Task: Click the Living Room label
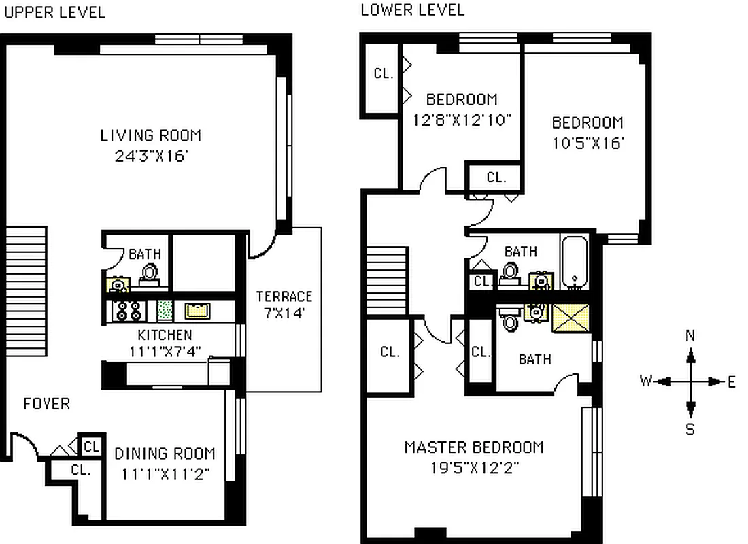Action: [x=150, y=135]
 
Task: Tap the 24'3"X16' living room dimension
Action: [x=150, y=156]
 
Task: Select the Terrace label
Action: [x=284, y=296]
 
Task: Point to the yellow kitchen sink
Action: [x=197, y=311]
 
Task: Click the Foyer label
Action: [x=46, y=404]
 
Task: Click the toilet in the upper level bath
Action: [x=149, y=273]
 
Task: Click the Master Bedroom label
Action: [x=473, y=447]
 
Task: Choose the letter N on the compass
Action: [x=691, y=335]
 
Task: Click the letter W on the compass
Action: [x=645, y=381]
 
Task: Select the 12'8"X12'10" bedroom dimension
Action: [x=461, y=120]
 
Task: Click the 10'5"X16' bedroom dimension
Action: [x=587, y=143]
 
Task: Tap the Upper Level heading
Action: [x=54, y=12]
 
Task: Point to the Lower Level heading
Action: [x=412, y=10]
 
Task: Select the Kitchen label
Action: [x=165, y=335]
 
